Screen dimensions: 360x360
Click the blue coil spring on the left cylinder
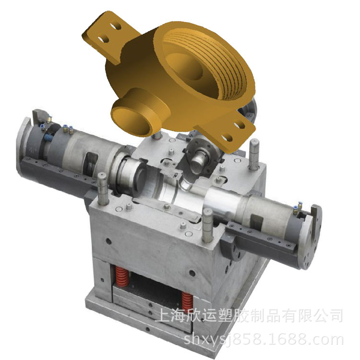tap(48, 138)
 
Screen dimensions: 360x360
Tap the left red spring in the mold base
tap(121, 276)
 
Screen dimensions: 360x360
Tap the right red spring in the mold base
tap(187, 302)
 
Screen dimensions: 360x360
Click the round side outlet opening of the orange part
tap(131, 121)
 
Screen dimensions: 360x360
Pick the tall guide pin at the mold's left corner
tap(102, 189)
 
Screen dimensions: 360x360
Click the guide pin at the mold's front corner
tap(208, 226)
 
